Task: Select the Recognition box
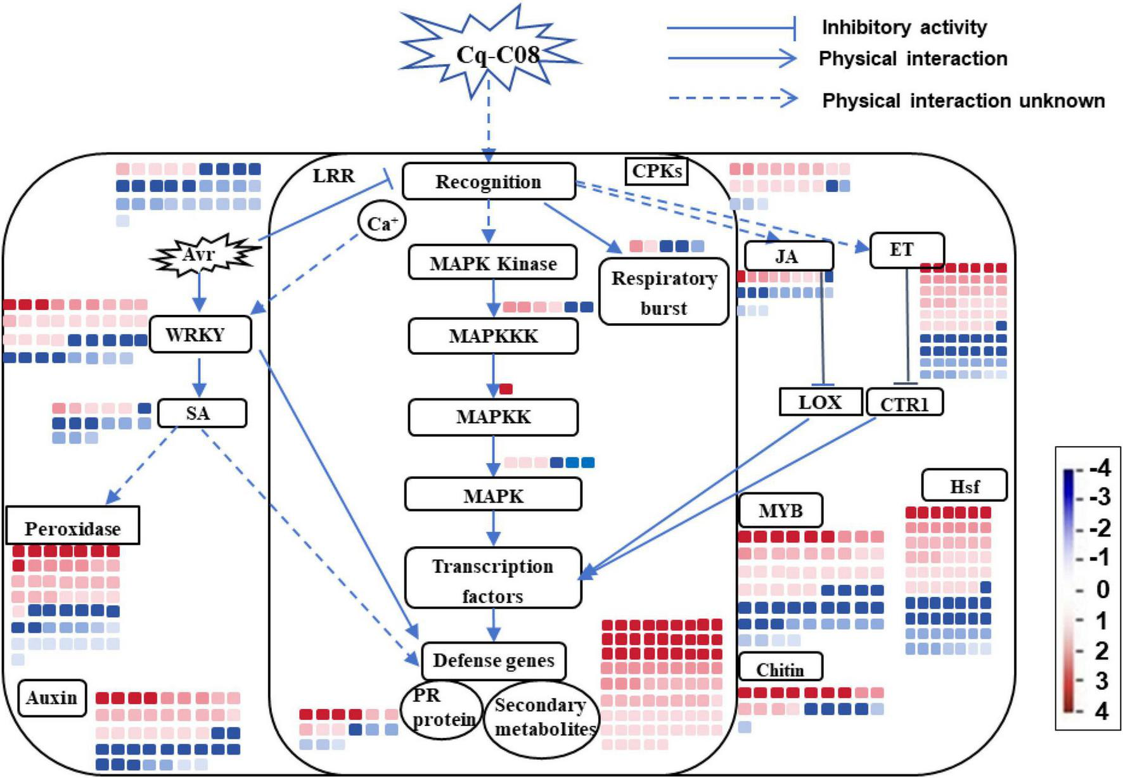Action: point(489,182)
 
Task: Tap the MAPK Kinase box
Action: point(493,263)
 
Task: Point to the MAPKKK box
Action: point(493,336)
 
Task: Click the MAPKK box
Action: point(493,417)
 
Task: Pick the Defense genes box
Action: point(493,661)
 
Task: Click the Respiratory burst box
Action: point(664,292)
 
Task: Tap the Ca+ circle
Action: point(382,223)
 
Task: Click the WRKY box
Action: point(200,335)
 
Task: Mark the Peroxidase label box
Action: point(73,526)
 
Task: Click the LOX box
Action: point(820,402)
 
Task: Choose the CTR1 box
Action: point(904,403)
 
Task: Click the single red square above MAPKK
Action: point(506,388)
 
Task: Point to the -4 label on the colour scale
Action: point(1100,468)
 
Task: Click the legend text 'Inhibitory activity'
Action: point(904,27)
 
